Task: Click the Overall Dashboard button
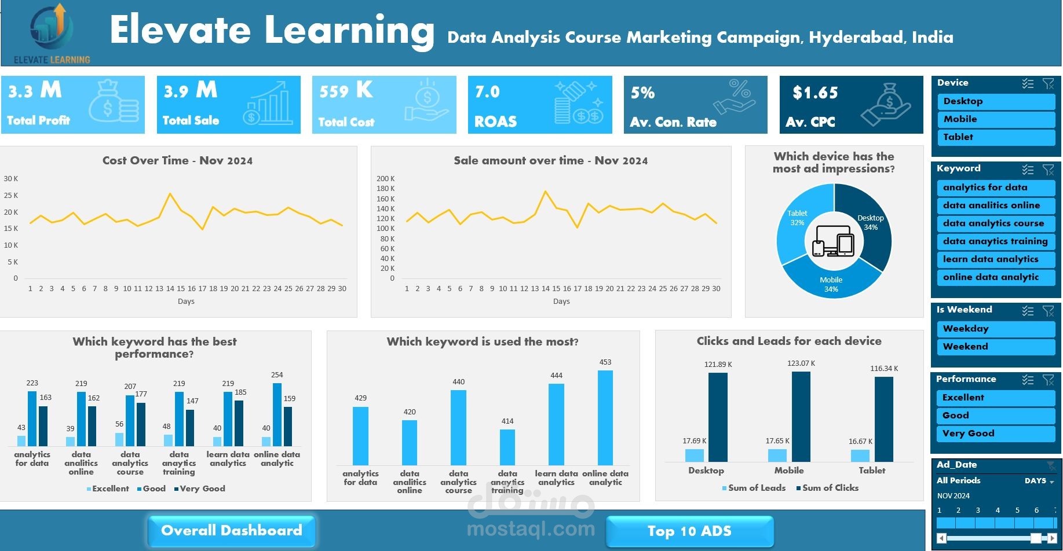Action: (x=232, y=531)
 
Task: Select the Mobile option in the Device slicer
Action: (x=995, y=119)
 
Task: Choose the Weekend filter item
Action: (x=995, y=347)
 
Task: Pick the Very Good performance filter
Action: (x=995, y=434)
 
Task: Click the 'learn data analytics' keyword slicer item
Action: (x=995, y=259)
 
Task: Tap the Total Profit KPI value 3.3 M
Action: (x=35, y=91)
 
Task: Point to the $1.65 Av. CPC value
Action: (x=815, y=93)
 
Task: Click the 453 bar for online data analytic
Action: (x=605, y=417)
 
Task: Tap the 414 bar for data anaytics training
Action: (x=507, y=447)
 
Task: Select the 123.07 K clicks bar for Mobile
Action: (x=801, y=416)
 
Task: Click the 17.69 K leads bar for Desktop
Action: (x=694, y=456)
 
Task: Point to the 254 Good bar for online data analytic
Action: (x=277, y=414)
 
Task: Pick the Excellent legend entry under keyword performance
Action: (x=109, y=488)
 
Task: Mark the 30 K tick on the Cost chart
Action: (x=11, y=179)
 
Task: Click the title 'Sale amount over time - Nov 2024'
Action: (x=550, y=161)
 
